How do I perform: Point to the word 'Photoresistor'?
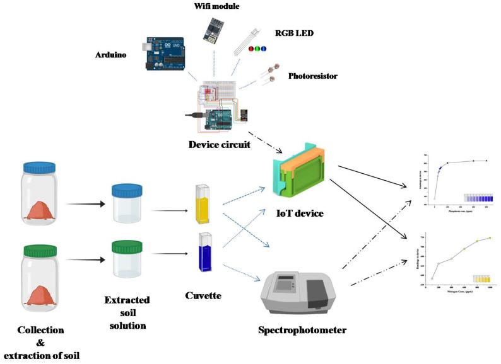[x=313, y=76]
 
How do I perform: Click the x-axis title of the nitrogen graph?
[x=453, y=292]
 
